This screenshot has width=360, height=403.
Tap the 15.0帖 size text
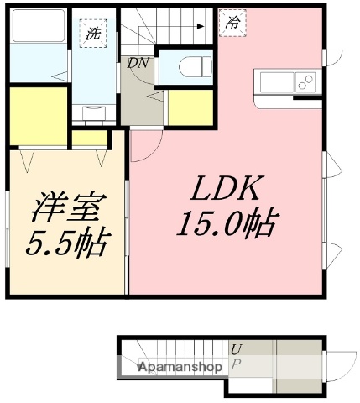(226, 223)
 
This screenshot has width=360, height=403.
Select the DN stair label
(138, 62)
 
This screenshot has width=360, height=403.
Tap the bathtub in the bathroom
(38, 34)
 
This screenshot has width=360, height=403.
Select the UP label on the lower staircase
(237, 356)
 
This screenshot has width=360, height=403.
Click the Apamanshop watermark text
(180, 367)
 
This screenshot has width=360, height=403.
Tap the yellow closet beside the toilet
(190, 108)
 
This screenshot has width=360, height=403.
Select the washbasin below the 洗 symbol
(92, 110)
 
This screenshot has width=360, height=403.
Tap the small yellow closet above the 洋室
(88, 139)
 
